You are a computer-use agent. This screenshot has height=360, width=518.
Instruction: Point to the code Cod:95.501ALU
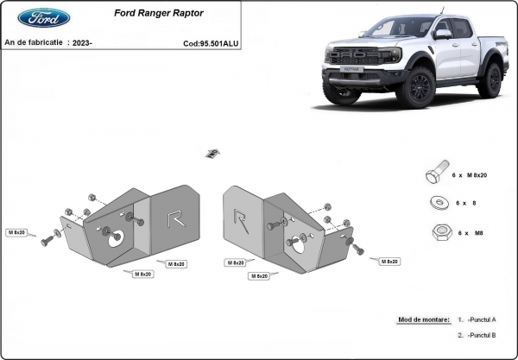pyautogui.click(x=211, y=42)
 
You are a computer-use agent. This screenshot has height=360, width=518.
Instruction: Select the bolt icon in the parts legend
pyautogui.click(x=434, y=174)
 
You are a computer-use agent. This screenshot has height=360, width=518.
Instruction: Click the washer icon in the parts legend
pyautogui.click(x=436, y=203)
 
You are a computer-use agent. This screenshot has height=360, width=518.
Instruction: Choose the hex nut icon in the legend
pyautogui.click(x=436, y=232)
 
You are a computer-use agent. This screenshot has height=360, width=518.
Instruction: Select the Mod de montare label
pyautogui.click(x=423, y=319)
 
